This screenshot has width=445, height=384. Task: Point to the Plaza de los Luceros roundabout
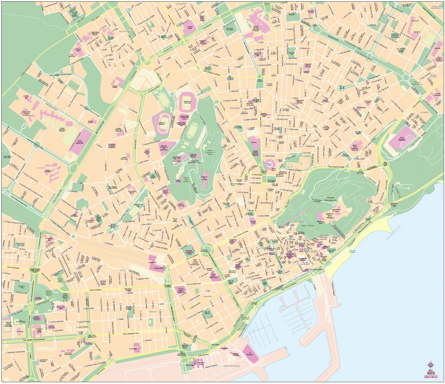pyautogui.click(x=208, y=250)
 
